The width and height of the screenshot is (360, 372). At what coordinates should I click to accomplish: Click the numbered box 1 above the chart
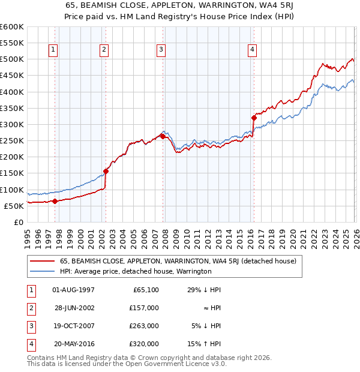point(54,50)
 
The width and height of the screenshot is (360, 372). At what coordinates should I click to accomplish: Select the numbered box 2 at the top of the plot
point(104,50)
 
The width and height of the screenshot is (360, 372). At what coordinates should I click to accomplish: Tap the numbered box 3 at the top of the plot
point(161,50)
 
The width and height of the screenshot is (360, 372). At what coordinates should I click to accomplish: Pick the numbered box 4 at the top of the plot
point(253,50)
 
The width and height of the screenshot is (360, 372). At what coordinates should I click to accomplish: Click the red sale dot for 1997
point(55,201)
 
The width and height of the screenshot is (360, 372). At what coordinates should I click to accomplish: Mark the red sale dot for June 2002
point(106,171)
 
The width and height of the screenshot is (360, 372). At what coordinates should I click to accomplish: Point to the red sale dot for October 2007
point(163,136)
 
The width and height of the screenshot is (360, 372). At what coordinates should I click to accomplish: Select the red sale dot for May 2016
point(253,118)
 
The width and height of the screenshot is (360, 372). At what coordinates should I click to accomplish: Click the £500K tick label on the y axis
point(11,59)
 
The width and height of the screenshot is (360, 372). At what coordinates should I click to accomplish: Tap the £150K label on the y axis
point(11,173)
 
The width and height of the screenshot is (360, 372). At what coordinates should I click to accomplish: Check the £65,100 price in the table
point(144,290)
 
